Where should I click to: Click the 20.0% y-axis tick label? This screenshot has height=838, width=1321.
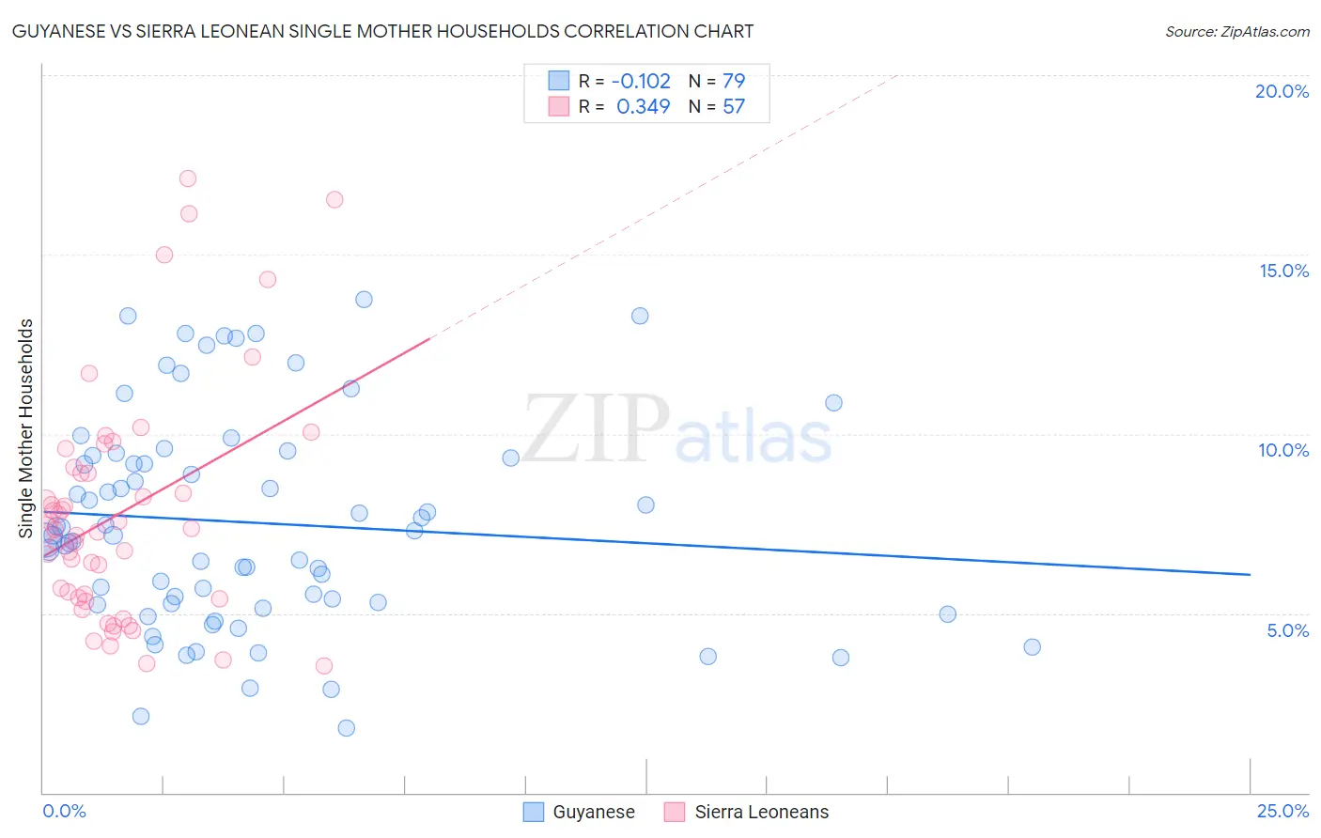click(x=1282, y=91)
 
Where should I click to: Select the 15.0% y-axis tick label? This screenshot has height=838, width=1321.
click(x=1283, y=271)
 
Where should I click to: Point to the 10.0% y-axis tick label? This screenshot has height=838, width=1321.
click(x=1283, y=450)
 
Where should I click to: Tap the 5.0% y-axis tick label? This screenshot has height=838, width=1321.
click(x=1287, y=630)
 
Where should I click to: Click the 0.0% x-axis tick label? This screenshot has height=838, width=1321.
click(x=64, y=811)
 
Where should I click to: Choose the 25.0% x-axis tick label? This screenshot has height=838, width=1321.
click(x=1282, y=811)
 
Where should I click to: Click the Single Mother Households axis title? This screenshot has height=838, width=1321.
click(x=26, y=428)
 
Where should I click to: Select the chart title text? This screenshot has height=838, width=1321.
click(x=382, y=31)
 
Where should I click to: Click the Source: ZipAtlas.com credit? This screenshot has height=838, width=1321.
click(x=1236, y=32)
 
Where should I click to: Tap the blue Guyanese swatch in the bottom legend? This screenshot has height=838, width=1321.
click(x=534, y=812)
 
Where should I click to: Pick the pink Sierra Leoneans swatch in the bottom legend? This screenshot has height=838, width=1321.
click(x=675, y=812)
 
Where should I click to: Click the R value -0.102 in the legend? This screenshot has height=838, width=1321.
click(x=643, y=81)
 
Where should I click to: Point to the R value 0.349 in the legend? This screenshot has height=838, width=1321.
click(x=643, y=106)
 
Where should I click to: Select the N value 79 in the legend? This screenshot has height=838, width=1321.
click(x=733, y=81)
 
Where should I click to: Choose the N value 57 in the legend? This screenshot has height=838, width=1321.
click(x=733, y=106)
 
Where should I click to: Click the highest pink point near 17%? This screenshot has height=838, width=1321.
click(x=188, y=178)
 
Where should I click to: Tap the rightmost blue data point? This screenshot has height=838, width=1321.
click(x=1032, y=646)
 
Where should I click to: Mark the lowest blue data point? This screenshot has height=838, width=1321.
click(x=346, y=728)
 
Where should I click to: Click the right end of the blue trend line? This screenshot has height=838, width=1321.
click(x=1250, y=574)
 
